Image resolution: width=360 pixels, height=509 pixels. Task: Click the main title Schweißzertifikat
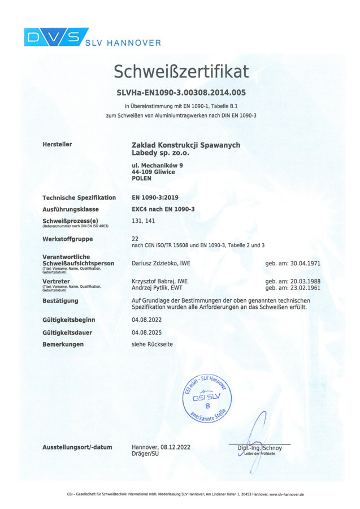click(181, 71)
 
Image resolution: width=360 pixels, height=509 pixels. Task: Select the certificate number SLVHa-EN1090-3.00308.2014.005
click(181, 92)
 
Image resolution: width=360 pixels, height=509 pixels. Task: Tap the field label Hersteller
click(57, 144)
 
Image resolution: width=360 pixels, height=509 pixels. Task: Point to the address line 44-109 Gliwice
click(153, 172)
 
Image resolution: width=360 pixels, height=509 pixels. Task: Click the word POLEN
click(141, 178)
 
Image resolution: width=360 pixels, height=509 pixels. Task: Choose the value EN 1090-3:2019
click(155, 198)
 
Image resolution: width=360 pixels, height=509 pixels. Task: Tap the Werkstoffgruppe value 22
click(135, 239)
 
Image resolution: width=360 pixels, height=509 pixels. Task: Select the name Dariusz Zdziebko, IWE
click(161, 264)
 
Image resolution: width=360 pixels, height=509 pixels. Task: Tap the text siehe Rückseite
click(152, 344)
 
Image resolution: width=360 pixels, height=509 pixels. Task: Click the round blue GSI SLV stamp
click(209, 397)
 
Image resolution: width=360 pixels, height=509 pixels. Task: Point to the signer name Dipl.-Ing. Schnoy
click(259, 448)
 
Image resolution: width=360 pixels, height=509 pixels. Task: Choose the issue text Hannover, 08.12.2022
click(161, 447)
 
